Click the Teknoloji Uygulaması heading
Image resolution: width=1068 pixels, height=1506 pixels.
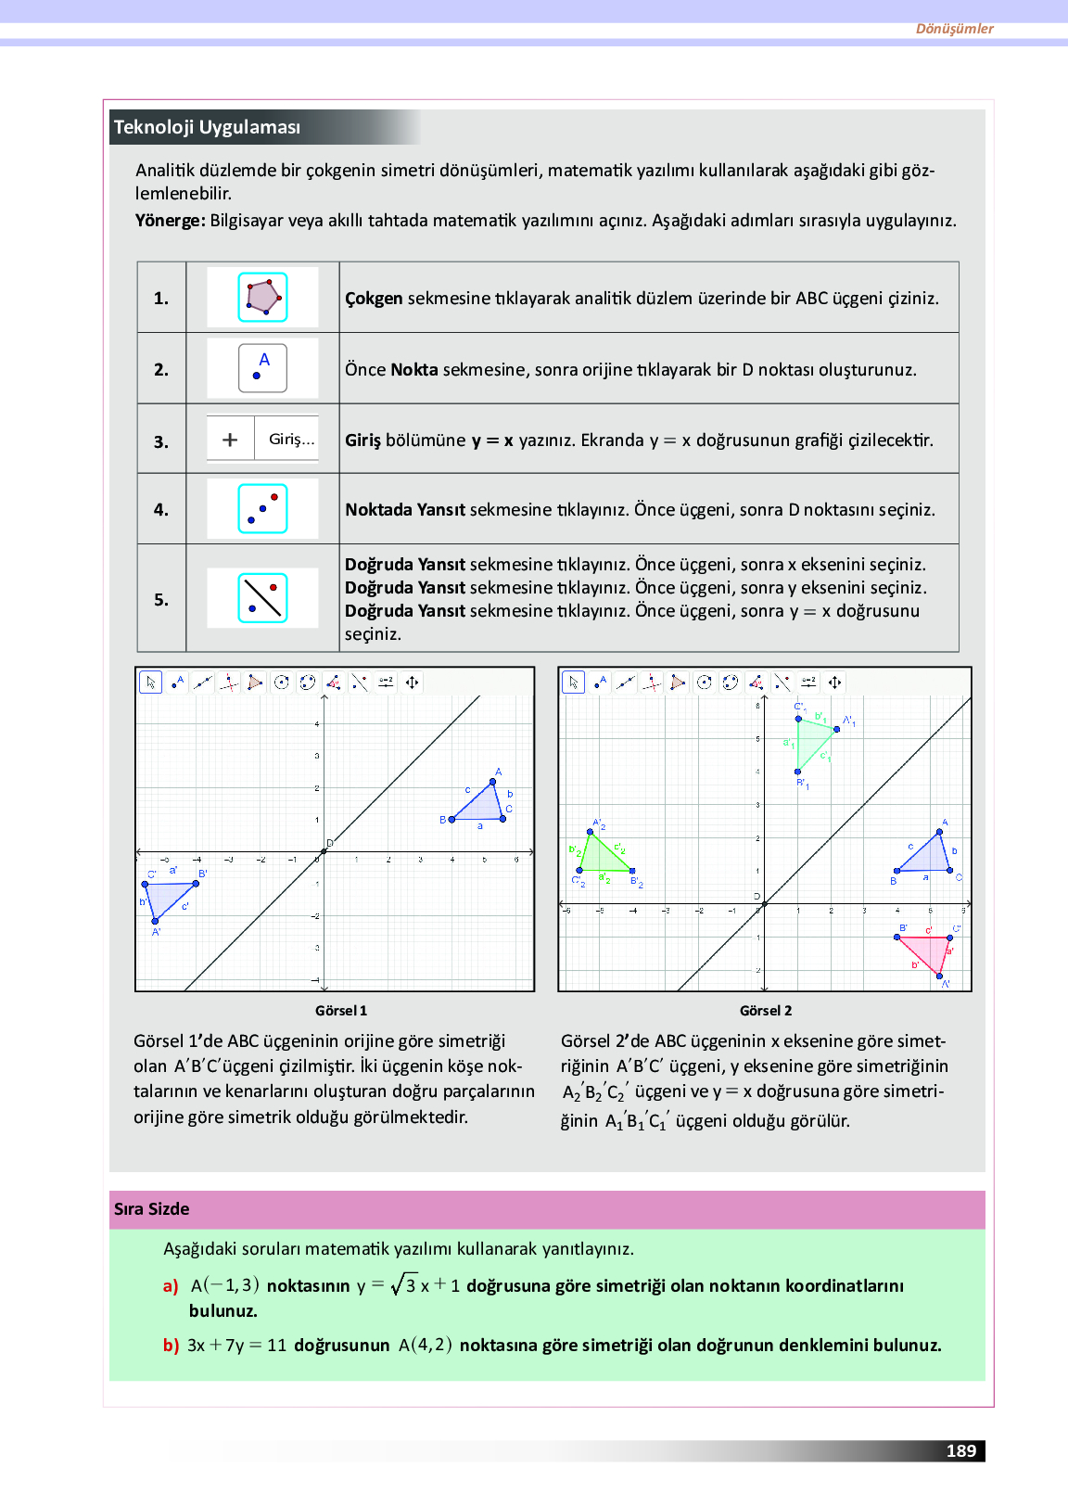pos(207,127)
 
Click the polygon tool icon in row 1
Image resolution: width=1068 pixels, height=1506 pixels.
pos(262,297)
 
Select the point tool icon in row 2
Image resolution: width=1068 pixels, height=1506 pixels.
pos(262,368)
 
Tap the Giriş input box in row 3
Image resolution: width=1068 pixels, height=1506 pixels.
pos(291,440)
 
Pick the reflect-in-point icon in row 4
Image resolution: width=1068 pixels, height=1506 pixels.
pos(262,508)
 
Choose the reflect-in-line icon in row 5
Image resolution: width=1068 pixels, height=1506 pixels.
pos(262,598)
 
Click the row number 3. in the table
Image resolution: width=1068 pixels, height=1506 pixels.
pos(161,441)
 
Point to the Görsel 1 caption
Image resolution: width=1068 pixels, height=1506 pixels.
pos(341,1011)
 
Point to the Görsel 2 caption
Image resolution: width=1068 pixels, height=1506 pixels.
pos(766,1011)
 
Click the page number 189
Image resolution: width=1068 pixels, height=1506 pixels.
pos(961,1451)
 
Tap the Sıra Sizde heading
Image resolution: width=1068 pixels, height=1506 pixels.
pos(152,1209)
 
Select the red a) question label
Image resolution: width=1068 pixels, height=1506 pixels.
pos(171,1286)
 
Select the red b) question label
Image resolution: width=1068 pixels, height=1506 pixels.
pos(171,1346)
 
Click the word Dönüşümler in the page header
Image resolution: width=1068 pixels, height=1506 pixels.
pos(954,29)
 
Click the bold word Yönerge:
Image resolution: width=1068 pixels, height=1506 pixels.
pos(171,221)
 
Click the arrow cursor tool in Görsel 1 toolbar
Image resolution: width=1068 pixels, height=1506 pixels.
pos(150,683)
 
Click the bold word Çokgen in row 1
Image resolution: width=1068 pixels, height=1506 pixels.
pos(374,299)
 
